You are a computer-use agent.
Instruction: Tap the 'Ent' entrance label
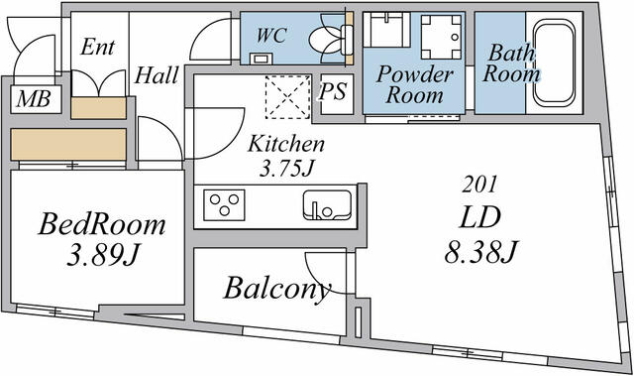click(x=97, y=47)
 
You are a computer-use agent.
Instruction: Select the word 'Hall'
click(x=157, y=75)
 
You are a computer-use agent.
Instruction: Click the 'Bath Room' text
click(x=512, y=63)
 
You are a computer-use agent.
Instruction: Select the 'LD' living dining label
click(x=480, y=217)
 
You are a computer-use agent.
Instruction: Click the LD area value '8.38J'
click(x=481, y=254)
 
